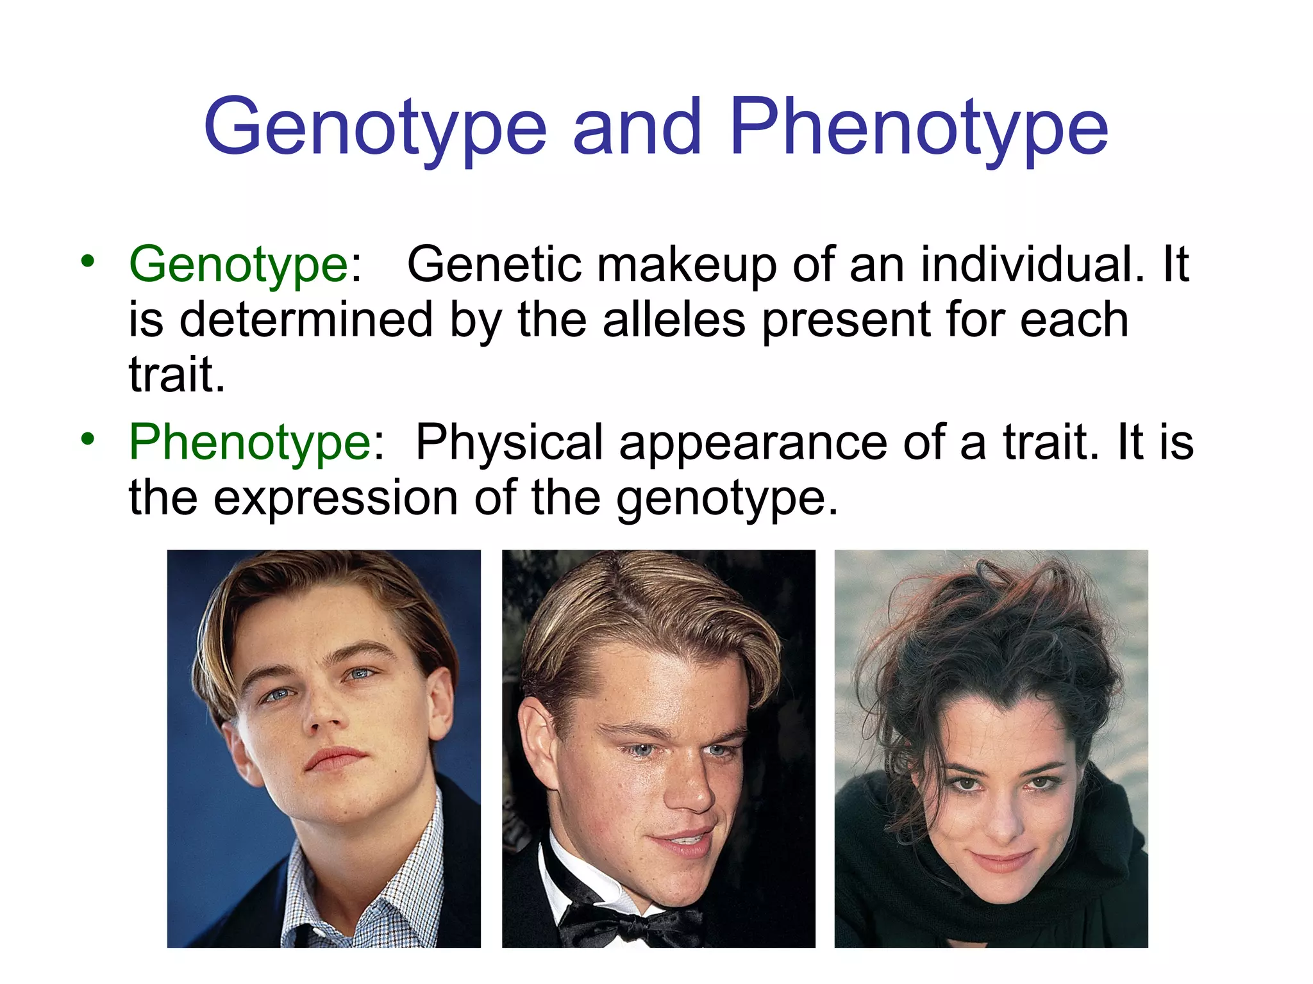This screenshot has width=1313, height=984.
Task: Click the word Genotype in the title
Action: pos(375,127)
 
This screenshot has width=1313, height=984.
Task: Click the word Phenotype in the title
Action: pos(918,127)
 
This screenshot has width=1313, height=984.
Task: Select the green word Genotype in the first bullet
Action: pos(238,265)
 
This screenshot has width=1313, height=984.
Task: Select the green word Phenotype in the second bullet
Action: pos(251,443)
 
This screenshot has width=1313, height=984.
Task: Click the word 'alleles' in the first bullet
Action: pos(674,320)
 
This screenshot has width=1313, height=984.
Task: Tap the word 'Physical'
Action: pos(510,443)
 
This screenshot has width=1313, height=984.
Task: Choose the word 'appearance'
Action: pos(753,444)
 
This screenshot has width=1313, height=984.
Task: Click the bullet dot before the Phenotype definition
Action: pos(88,439)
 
